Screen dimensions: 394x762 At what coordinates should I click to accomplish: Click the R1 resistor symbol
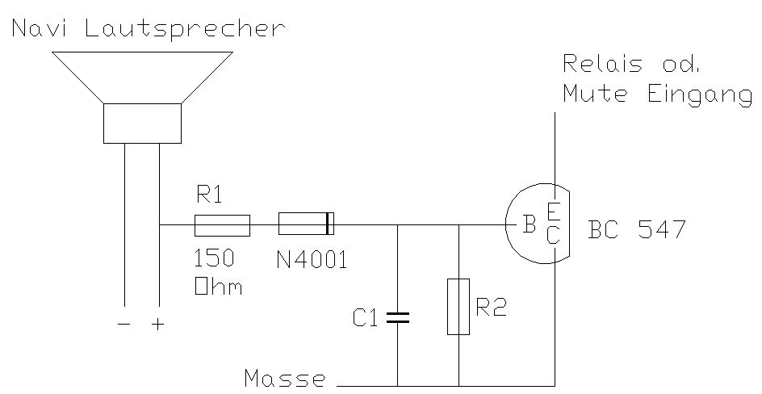coord(222,225)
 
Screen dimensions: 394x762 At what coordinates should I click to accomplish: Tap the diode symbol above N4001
coord(306,224)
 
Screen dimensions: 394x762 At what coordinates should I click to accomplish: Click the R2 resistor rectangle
coord(458,306)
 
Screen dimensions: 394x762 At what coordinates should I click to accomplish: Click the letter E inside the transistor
coord(553,212)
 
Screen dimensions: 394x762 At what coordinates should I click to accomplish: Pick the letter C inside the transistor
coord(553,235)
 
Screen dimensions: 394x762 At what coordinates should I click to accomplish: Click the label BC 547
coord(637,230)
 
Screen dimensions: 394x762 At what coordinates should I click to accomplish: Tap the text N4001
coord(312,261)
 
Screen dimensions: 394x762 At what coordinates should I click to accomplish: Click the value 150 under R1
coord(214,258)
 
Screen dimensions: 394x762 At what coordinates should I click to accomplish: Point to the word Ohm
coord(217,287)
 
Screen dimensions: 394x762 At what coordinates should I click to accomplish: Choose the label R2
coord(492,308)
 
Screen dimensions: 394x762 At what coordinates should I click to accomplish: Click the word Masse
coord(285,378)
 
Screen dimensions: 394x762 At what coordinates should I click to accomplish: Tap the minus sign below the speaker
coord(124,325)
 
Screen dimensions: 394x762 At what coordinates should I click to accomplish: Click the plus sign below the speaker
coord(158,325)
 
